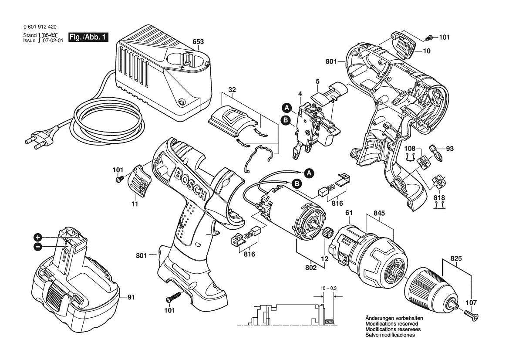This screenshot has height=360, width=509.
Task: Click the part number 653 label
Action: (198, 42)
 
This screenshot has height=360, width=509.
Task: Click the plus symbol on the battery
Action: (38, 238)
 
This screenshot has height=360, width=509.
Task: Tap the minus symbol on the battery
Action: (38, 247)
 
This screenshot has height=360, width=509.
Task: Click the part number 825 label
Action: (456, 258)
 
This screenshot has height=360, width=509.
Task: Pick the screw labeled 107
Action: (471, 313)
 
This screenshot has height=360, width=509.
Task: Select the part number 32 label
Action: (232, 90)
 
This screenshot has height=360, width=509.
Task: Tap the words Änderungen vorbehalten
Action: (394, 319)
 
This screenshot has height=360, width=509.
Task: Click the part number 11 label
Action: (135, 204)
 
